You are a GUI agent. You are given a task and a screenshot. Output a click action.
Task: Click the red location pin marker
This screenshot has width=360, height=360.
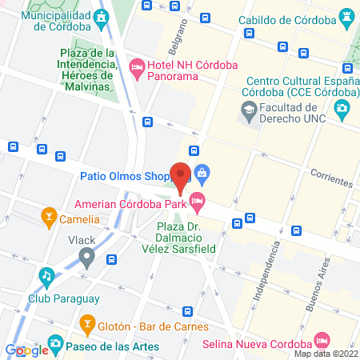pos(182,176)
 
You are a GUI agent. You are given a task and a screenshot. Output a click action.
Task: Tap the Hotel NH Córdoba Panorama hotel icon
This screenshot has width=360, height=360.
pos(136,66)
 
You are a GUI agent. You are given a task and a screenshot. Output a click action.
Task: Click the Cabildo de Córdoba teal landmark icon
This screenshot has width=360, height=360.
pos(346,15)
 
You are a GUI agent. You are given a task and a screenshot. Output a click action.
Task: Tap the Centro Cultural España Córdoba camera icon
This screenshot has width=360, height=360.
pos(342,107)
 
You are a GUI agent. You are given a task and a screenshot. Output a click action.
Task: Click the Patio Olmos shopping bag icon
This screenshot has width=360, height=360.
pos(202,171)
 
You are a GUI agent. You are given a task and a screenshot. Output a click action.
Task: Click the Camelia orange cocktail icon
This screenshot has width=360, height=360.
pos(49,215)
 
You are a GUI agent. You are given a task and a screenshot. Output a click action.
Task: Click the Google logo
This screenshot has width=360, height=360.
pos(26,350)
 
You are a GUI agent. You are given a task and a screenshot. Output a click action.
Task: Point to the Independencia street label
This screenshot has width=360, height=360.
pos(266,273)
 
